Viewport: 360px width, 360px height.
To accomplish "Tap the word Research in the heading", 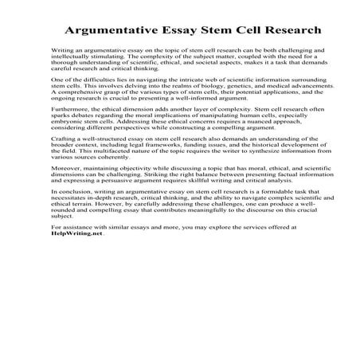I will tap(284, 30).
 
